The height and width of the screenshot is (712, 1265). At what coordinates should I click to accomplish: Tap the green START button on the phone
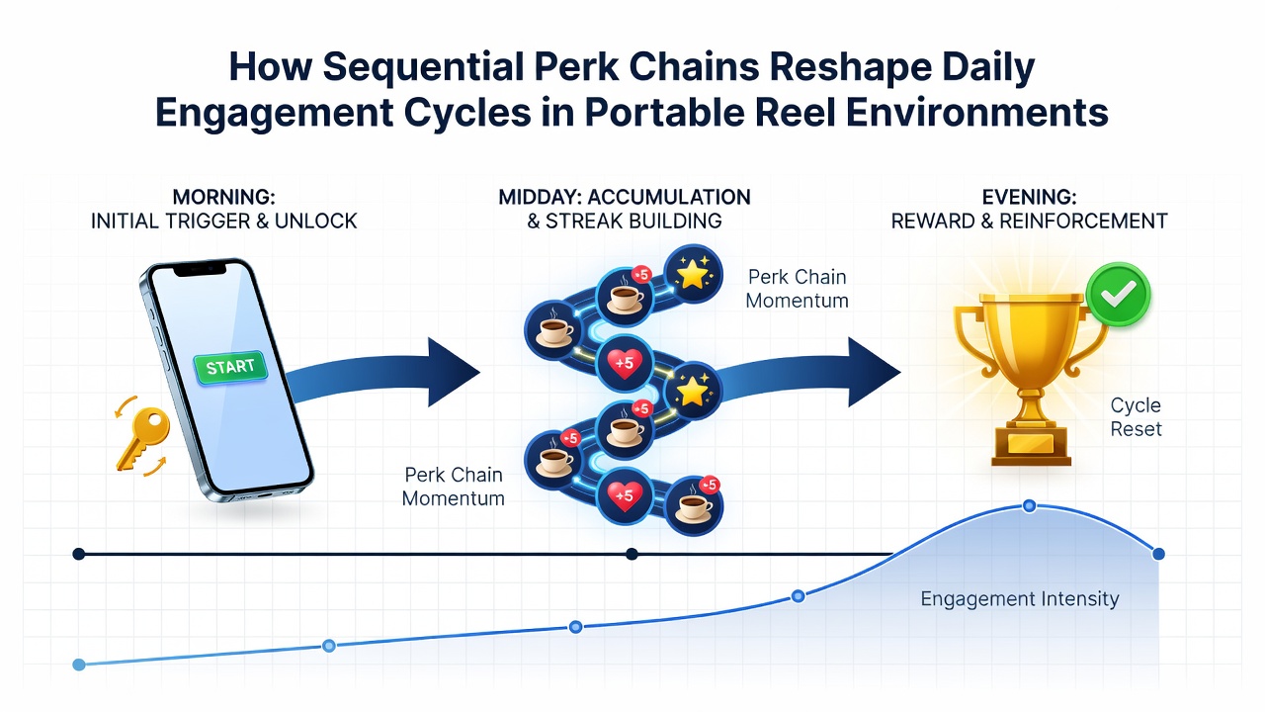coord(230,367)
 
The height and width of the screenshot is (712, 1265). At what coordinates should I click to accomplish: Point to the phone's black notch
coord(200,270)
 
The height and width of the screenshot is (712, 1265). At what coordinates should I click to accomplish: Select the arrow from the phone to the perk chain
coord(384,373)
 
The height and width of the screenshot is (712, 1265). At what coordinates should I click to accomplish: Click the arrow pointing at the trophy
coord(807,373)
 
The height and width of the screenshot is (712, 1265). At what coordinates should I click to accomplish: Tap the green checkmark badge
coord(1118,295)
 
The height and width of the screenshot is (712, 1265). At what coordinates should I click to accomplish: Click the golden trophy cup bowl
coord(1030,339)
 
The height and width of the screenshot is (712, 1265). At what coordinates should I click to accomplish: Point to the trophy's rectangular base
coord(1031,445)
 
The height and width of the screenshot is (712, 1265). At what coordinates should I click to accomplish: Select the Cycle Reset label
coord(1136,417)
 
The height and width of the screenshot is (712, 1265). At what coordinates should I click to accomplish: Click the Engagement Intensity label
coord(1020,598)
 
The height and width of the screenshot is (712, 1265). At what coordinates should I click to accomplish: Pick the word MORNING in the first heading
coord(223,197)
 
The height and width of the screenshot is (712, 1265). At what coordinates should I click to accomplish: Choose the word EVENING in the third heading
coord(1029,197)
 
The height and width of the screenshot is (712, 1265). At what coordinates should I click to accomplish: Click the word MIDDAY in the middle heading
coord(540,197)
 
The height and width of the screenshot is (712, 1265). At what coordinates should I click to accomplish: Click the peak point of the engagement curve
coord(1030,505)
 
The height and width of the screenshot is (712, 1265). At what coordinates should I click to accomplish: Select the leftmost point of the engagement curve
coord(79,665)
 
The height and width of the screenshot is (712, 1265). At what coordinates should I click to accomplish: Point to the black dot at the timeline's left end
coord(79,554)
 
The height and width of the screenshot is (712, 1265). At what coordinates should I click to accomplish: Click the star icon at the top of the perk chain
coord(693,275)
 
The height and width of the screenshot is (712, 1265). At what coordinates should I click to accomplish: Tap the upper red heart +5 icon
coord(624,362)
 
